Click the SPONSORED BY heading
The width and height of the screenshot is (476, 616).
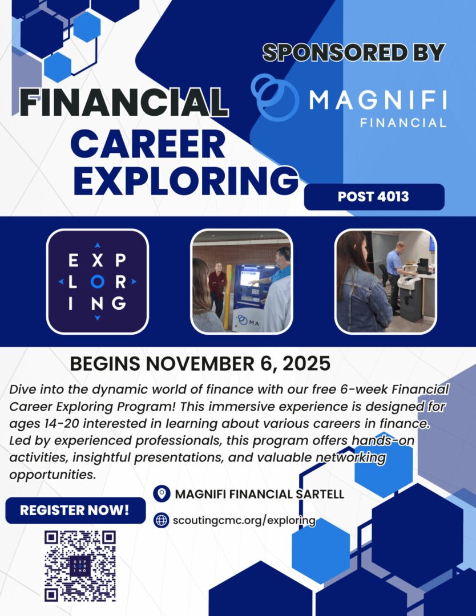[x=353, y=52]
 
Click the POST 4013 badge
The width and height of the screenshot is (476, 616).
[x=374, y=197]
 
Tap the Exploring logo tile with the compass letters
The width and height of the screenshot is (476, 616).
[x=97, y=281]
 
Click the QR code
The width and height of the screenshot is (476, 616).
[x=80, y=566]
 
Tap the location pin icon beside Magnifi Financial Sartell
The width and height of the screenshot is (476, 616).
[x=162, y=493]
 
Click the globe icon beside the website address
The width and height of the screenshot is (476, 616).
[x=162, y=520]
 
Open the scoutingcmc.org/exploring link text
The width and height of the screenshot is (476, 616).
[x=244, y=520]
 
